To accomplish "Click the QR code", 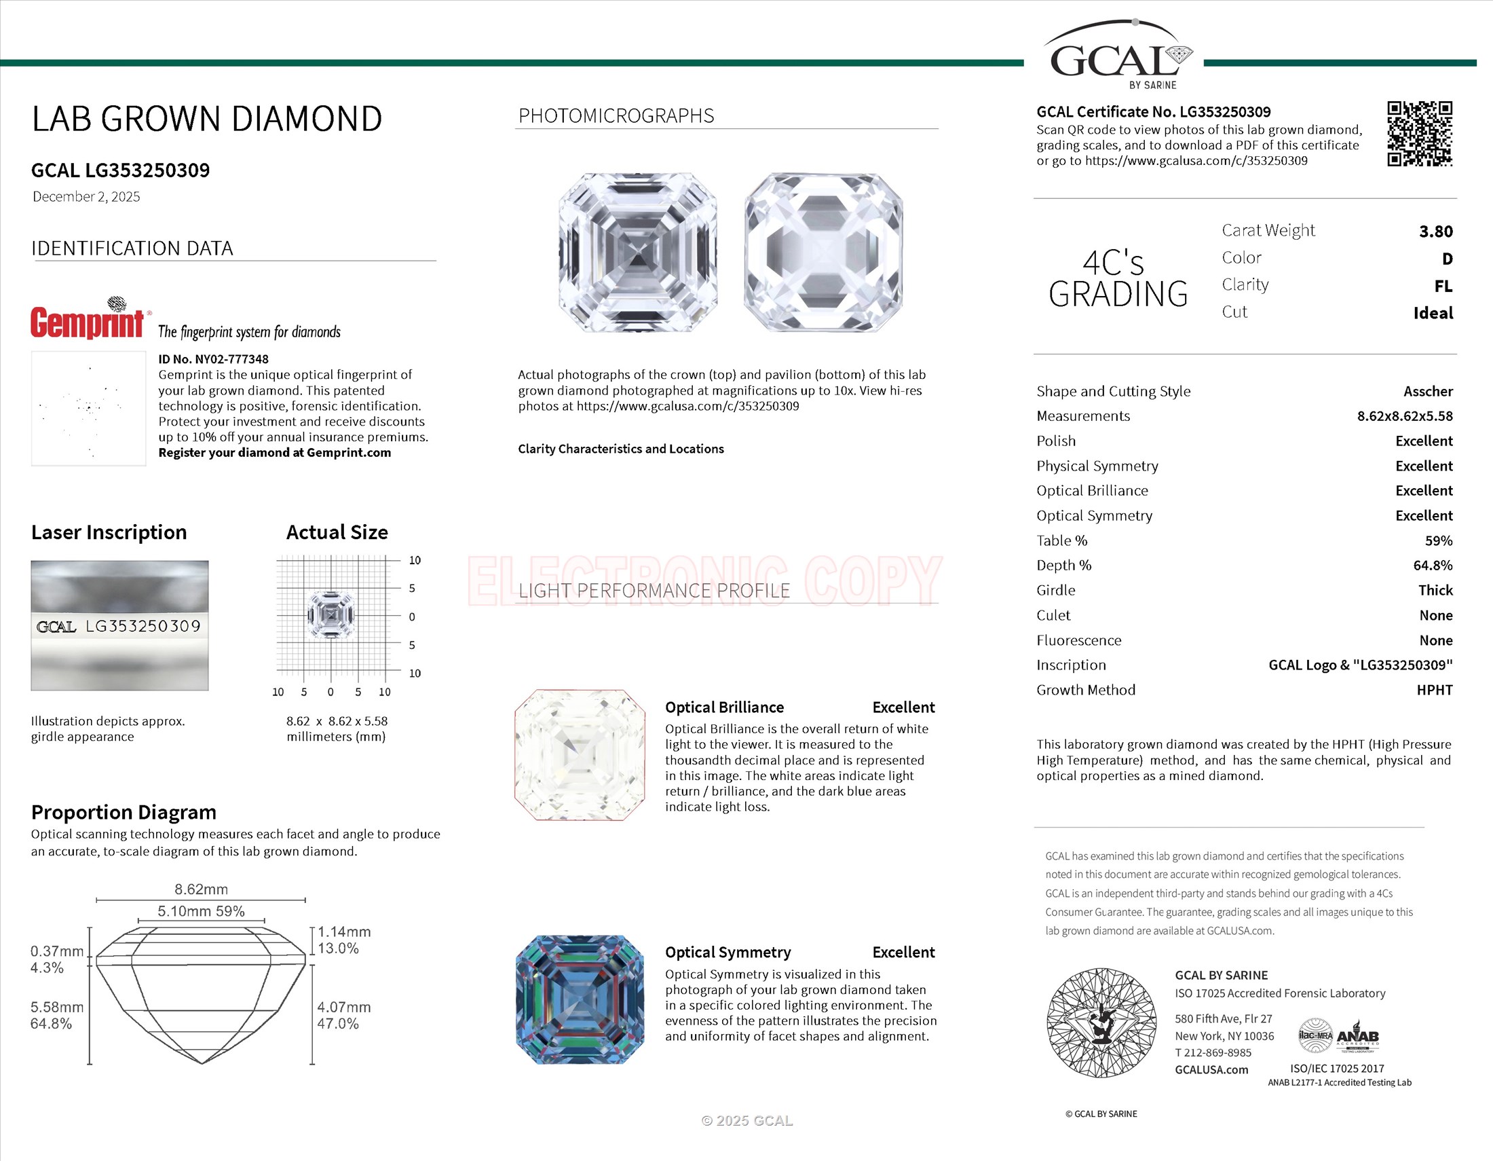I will click(x=1419, y=133).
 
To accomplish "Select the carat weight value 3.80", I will click(x=1435, y=232).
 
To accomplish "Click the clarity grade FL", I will click(x=1443, y=286).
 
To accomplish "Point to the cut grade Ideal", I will click(x=1433, y=313).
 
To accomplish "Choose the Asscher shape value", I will click(x=1427, y=391).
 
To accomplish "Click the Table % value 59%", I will click(x=1438, y=541).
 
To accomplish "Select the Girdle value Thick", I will click(x=1435, y=590).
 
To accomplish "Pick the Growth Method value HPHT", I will click(x=1434, y=690).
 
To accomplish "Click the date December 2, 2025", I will click(x=86, y=197).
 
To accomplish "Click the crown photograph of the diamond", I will click(x=637, y=253).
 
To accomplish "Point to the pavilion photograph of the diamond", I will click(x=823, y=253).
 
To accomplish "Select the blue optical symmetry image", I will click(x=579, y=999).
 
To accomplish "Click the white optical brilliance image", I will click(x=579, y=755).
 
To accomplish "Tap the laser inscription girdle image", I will click(x=119, y=625).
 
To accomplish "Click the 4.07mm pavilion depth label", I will click(x=344, y=1007).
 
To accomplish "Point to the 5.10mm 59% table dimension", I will click(x=201, y=911).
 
